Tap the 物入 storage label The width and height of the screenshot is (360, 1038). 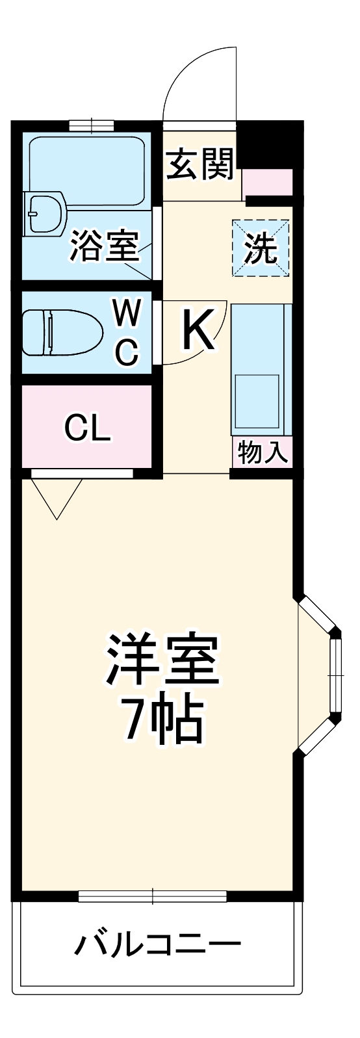coord(263,452)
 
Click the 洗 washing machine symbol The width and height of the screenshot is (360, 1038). coord(261,248)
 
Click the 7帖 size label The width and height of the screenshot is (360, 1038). coord(163,721)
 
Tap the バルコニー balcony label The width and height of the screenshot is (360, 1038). coord(158,944)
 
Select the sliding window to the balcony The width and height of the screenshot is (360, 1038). coord(153,896)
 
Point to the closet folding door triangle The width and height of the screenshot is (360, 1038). coord(57,496)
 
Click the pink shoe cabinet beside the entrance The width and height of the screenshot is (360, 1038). coord(268,183)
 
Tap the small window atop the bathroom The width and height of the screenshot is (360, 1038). coord(92,124)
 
